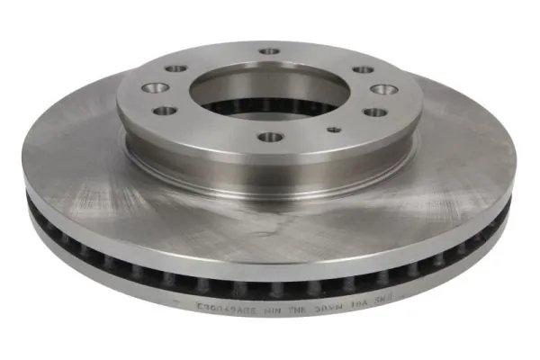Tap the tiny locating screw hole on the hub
point(334,130)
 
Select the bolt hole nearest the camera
point(270,138)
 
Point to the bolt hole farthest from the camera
point(269,51)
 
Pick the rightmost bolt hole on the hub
point(384,89)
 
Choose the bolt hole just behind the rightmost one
point(363,69)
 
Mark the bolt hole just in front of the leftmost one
point(165,111)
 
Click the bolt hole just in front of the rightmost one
point(374,112)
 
